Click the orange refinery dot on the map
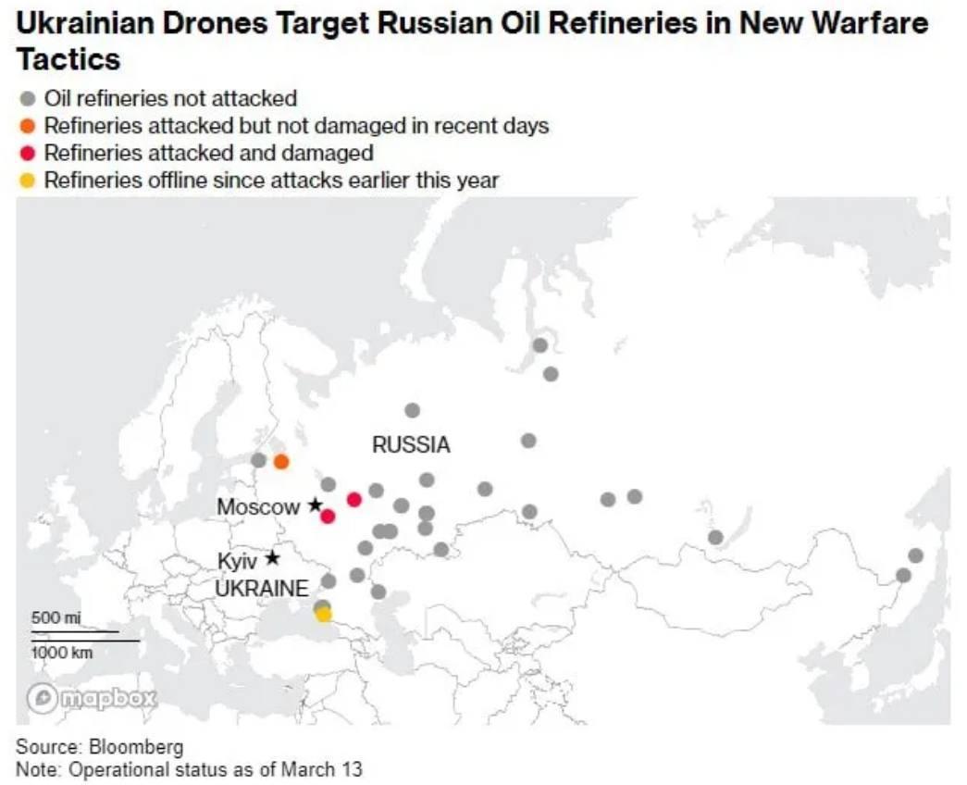[281, 461]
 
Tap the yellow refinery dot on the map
[323, 614]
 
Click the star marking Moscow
[315, 505]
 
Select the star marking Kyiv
[272, 557]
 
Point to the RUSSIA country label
[411, 445]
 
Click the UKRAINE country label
[262, 589]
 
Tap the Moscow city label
[258, 507]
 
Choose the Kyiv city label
[236, 561]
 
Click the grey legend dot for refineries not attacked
[28, 98]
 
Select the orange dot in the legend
[28, 126]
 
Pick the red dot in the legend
[28, 153]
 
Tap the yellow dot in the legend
[28, 181]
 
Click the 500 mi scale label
[56, 617]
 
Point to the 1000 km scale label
[62, 653]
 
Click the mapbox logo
[92, 698]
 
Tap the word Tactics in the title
[68, 60]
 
